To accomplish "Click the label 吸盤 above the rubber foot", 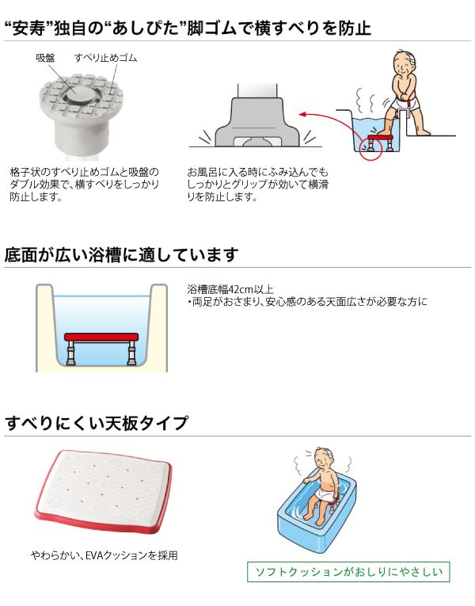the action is coord(45,58).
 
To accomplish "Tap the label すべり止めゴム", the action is coord(105,58).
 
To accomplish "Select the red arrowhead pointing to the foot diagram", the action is coord(303,114).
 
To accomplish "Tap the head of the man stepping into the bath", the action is coord(405,64).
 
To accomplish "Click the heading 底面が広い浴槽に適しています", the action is coord(122,255).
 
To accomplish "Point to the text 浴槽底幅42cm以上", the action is coord(230,289).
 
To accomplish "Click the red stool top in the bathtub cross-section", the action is coord(101,337).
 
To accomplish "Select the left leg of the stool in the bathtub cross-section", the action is coord(71,353).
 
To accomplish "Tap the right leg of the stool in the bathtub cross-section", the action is coord(131,353).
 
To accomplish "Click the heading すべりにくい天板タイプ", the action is coord(97,423).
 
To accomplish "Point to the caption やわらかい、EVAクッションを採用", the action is coord(104,555).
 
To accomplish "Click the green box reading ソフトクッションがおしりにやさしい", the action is coord(348,572).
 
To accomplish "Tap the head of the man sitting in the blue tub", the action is coord(323,459).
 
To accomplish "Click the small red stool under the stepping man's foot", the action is coord(380,142).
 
